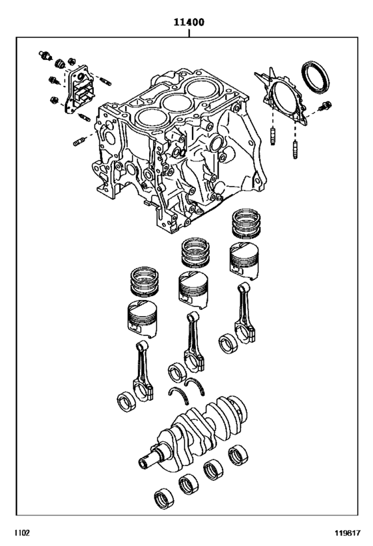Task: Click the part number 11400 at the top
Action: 188,21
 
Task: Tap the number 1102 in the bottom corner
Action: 15,534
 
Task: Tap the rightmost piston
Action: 244,259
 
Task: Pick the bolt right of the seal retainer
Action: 326,107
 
